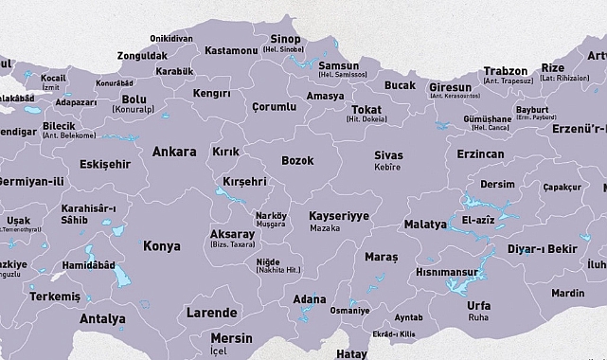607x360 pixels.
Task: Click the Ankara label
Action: click(x=174, y=152)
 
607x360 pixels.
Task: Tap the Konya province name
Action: click(x=161, y=246)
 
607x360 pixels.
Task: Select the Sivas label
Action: click(x=388, y=155)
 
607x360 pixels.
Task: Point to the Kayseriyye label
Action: click(x=339, y=216)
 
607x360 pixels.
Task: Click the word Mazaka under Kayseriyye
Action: click(x=324, y=229)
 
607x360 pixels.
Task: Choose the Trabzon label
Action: click(x=506, y=71)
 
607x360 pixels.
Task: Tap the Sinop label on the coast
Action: click(x=285, y=39)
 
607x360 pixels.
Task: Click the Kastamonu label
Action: click(x=231, y=49)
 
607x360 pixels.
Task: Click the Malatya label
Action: click(x=424, y=225)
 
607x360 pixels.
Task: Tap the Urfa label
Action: click(x=479, y=307)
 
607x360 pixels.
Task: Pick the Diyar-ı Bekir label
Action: click(x=542, y=249)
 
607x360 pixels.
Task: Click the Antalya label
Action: click(x=102, y=319)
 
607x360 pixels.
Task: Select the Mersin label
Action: click(x=232, y=338)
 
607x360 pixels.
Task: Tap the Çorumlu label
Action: click(x=275, y=107)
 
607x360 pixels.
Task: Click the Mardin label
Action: click(x=567, y=294)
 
